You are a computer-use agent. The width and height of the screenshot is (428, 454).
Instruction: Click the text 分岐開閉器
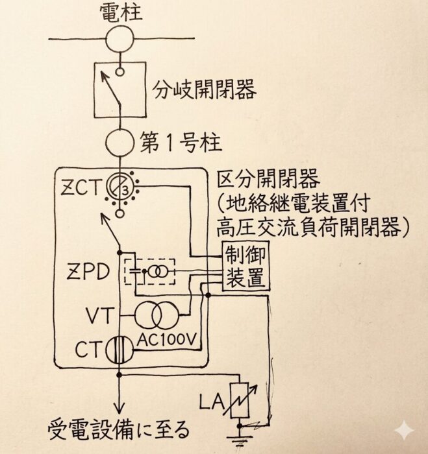pos(206,89)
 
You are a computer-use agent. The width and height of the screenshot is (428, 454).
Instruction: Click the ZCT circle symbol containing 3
pos(120,187)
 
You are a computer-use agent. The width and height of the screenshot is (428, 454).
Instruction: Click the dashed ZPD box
pos(149,270)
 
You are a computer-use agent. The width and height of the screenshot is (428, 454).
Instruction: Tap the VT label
pos(99,316)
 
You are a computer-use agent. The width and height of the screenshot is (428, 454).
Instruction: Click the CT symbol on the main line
pos(120,349)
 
